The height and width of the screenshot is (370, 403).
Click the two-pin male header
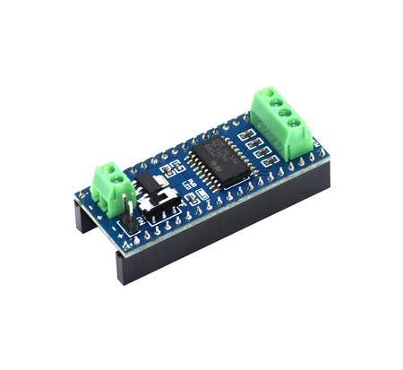coord(133,218)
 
